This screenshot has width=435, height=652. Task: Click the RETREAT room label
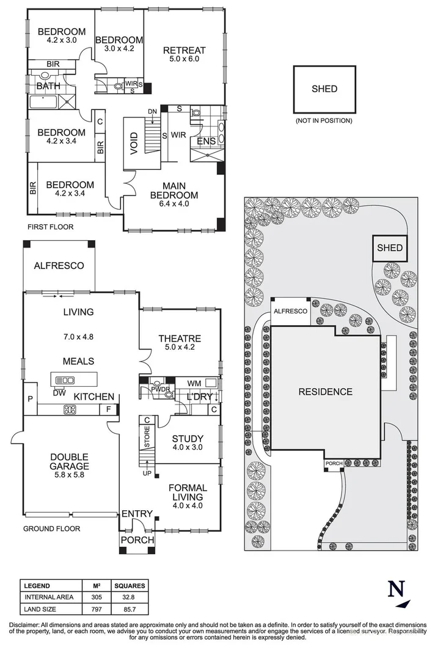pyautogui.click(x=188, y=51)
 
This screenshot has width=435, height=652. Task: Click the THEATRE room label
pyautogui.click(x=180, y=339)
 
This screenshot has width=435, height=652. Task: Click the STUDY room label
pyautogui.click(x=187, y=438)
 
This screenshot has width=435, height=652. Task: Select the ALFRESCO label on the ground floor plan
pyautogui.click(x=59, y=266)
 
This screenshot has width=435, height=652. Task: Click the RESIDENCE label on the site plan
pyautogui.click(x=325, y=392)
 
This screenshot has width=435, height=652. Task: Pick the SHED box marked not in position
pyautogui.click(x=324, y=89)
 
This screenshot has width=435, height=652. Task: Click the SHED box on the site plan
pyautogui.click(x=390, y=248)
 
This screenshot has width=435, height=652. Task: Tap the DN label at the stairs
pyautogui.click(x=152, y=111)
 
